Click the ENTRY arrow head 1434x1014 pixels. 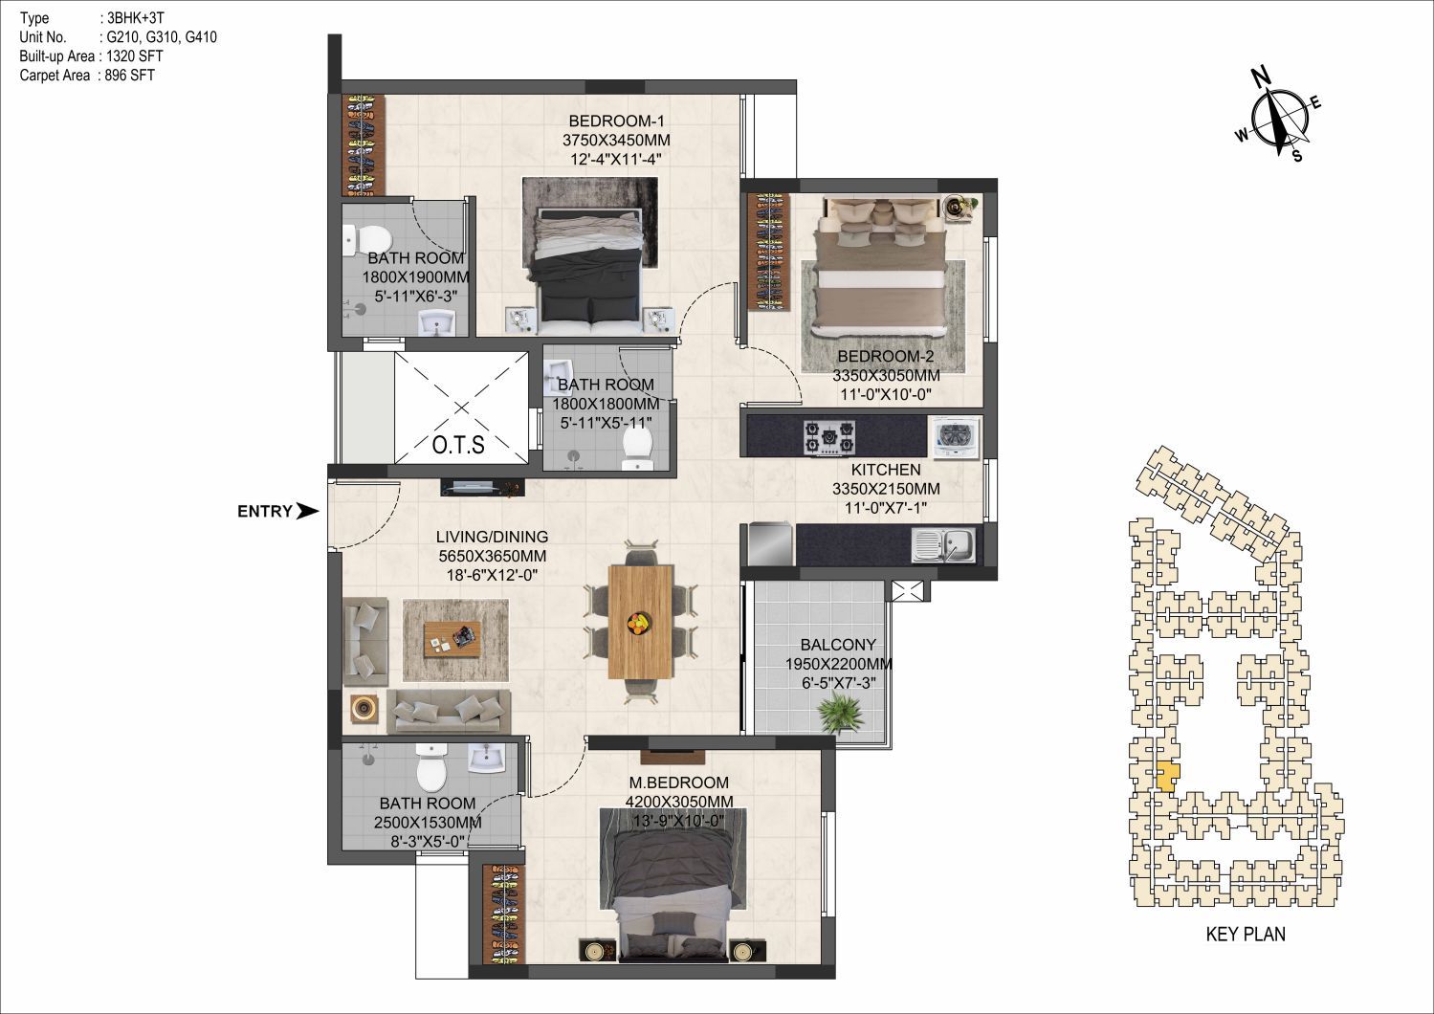[x=308, y=511]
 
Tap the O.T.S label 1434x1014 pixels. [x=458, y=445]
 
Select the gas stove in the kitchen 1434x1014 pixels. [x=829, y=438]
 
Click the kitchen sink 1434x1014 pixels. [x=944, y=544]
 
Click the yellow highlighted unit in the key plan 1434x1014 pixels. [x=1168, y=776]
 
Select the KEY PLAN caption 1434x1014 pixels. [x=1246, y=934]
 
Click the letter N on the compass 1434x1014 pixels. [x=1261, y=77]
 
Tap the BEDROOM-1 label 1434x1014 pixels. [x=616, y=121]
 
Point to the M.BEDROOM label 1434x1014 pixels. [x=678, y=783]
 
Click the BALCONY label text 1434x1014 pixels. [x=838, y=644]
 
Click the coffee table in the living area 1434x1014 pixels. [x=451, y=639]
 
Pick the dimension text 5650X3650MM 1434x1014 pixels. [x=492, y=556]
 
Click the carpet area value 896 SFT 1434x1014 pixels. [x=129, y=75]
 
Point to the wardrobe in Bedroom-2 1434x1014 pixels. [x=769, y=253]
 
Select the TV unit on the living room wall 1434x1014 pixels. [x=482, y=487]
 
